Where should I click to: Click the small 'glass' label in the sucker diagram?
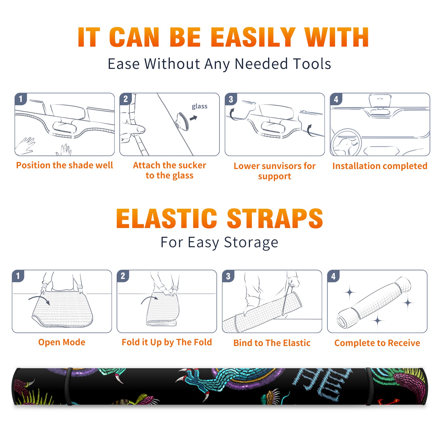pos(199,106)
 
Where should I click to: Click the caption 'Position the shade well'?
pos(64,165)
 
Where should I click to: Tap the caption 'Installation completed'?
pos(380,166)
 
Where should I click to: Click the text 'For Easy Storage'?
pos(219,243)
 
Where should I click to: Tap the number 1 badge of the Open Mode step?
pos(18,276)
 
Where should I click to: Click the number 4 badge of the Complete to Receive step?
pos(333,276)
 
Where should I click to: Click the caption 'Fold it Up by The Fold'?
pos(167,342)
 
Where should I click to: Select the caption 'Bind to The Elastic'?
pos(272,343)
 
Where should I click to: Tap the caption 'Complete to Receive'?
pos(377,343)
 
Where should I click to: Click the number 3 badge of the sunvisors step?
pos(231,99)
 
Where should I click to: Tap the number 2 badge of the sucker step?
pos(126,99)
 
